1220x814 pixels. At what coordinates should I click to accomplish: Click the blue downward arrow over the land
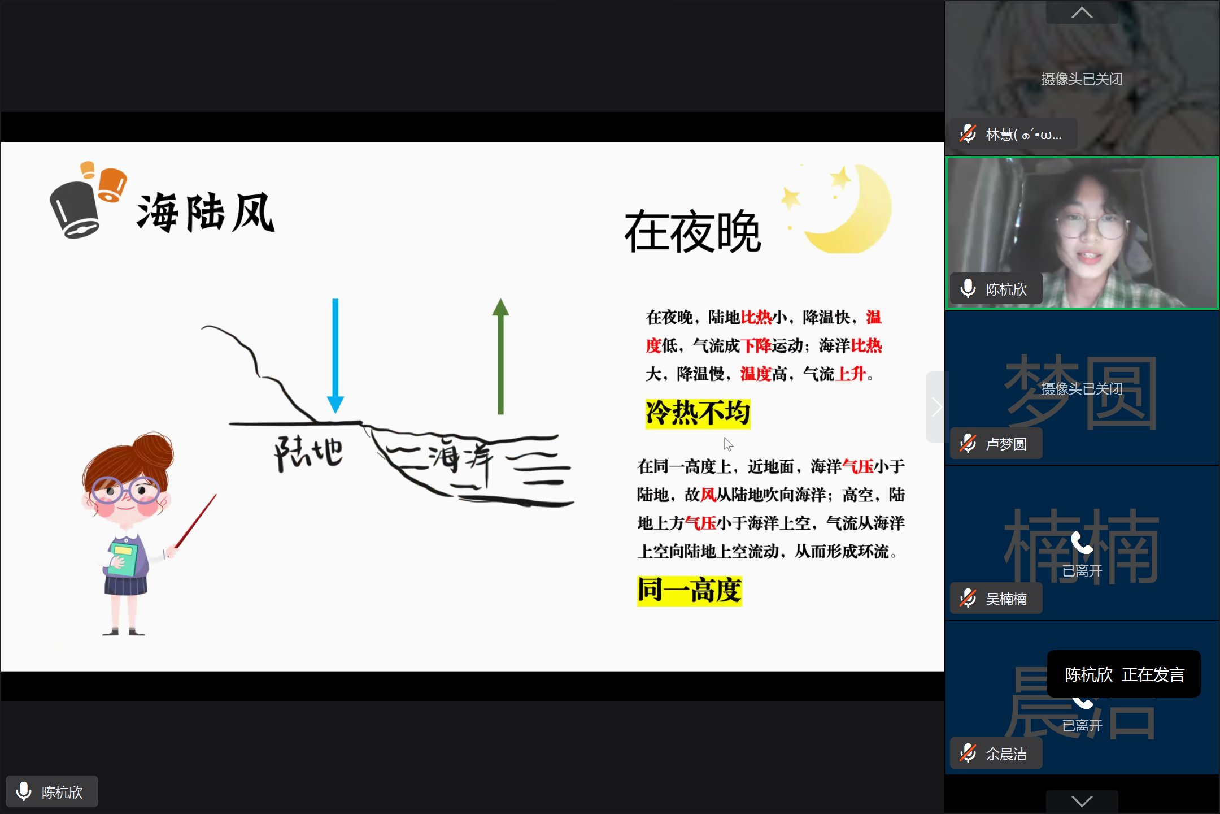(335, 356)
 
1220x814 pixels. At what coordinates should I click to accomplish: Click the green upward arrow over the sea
(500, 356)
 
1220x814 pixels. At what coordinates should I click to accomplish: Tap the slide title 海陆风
(206, 213)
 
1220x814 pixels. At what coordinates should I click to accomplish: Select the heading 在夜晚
(693, 231)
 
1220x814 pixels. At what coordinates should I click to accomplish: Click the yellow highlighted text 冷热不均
(698, 413)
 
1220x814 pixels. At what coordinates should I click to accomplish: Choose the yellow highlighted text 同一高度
(690, 591)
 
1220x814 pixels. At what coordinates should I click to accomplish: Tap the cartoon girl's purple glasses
(126, 490)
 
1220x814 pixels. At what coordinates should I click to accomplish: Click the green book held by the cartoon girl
(123, 558)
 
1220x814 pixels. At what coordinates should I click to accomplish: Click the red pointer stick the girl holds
(195, 521)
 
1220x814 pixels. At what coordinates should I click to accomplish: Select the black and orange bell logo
(88, 200)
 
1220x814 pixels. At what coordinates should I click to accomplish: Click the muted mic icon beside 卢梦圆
(968, 444)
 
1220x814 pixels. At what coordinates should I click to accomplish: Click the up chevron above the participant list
(1082, 12)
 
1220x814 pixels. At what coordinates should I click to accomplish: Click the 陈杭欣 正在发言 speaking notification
(1124, 674)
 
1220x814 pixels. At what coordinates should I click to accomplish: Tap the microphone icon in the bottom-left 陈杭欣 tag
(24, 791)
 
